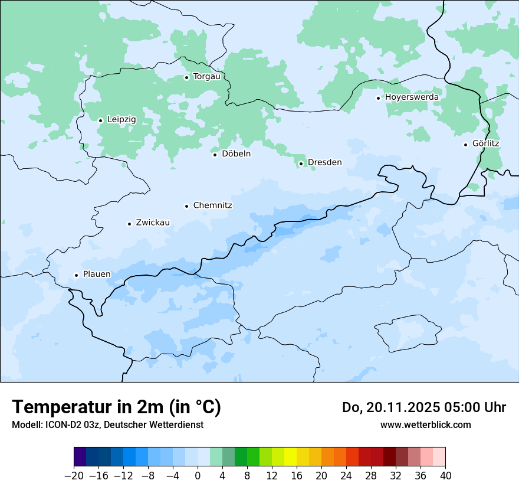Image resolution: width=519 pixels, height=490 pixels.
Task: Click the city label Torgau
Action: [206, 77]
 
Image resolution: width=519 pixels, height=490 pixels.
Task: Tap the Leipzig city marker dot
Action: [100, 120]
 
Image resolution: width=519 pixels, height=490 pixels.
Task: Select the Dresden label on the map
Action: [324, 162]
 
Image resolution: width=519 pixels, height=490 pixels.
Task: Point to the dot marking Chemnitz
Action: [186, 206]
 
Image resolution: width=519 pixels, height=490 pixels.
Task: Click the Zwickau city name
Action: [153, 223]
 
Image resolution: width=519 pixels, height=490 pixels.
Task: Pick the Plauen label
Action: [97, 275]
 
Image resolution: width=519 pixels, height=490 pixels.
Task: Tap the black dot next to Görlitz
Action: [465, 144]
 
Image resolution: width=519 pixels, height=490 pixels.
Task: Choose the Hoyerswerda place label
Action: [412, 97]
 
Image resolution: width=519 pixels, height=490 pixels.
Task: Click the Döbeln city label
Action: [236, 154]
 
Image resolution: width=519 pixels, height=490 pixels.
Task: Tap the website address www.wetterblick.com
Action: [425, 424]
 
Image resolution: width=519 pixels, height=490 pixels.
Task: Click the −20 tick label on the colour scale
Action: [74, 476]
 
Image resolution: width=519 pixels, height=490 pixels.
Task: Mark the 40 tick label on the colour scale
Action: [445, 476]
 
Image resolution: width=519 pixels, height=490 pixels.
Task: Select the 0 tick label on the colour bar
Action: [198, 476]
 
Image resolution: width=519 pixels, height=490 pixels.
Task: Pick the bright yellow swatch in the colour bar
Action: [290, 457]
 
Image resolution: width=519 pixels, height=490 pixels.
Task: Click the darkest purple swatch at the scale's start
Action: [80, 457]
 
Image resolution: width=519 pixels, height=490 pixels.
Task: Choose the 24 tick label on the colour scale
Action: [346, 476]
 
